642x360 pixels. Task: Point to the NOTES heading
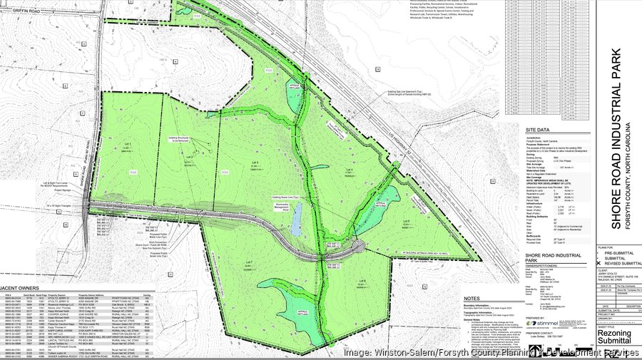472,298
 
